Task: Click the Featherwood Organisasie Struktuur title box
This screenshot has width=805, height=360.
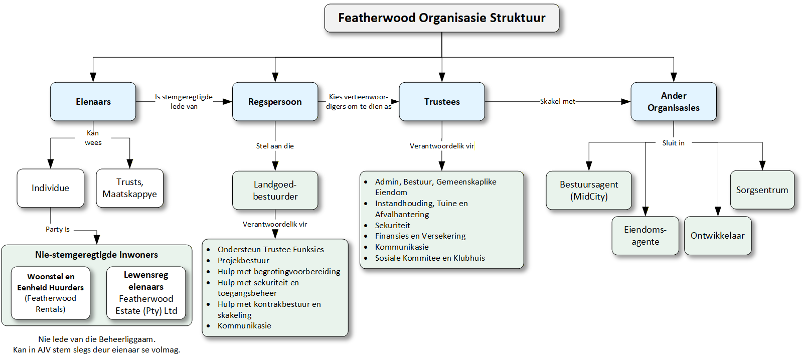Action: (x=442, y=18)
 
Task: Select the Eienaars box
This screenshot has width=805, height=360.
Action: (x=93, y=102)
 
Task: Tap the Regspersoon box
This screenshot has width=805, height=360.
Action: (x=275, y=102)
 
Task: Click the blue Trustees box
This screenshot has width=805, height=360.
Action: (x=442, y=102)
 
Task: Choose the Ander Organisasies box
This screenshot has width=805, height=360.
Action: (x=674, y=102)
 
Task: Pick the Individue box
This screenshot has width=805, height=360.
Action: (x=50, y=188)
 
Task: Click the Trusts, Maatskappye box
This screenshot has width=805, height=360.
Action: (x=130, y=188)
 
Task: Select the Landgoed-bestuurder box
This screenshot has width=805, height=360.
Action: (x=275, y=191)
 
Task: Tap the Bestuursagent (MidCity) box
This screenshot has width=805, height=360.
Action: (x=589, y=191)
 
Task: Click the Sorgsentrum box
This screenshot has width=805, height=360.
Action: (x=762, y=190)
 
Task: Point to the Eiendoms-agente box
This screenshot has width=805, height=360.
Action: (x=646, y=236)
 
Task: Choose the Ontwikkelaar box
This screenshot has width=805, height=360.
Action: (x=718, y=236)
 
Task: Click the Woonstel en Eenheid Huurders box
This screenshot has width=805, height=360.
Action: (x=50, y=293)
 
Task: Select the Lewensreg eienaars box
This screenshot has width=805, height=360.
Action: (x=146, y=293)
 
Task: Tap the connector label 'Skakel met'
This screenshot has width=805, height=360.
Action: (x=557, y=102)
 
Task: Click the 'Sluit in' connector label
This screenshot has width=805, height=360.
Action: (x=674, y=143)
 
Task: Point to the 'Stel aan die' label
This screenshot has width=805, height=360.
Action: (x=275, y=146)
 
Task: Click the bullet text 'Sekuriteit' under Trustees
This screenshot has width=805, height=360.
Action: (x=392, y=225)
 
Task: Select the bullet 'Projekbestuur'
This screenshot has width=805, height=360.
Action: (x=243, y=261)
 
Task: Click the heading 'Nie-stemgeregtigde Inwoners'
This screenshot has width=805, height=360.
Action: (x=96, y=255)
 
